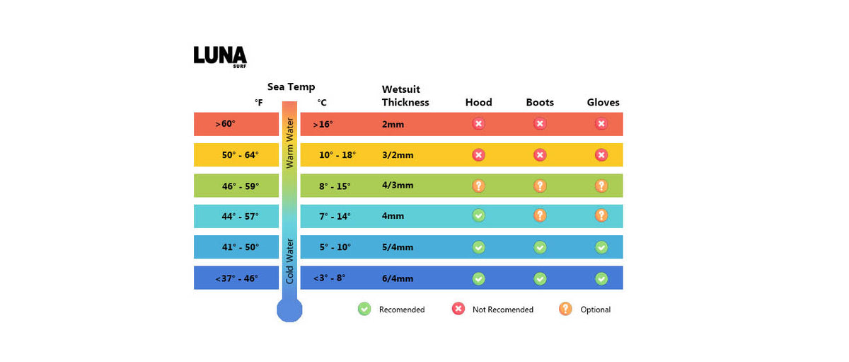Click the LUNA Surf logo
click(220, 56)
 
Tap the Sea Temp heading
click(291, 87)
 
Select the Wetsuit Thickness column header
click(405, 96)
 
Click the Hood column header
click(478, 102)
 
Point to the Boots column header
click(540, 102)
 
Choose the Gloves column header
click(603, 102)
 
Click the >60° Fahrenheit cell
click(226, 124)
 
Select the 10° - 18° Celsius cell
click(337, 154)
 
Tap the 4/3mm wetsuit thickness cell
click(398, 186)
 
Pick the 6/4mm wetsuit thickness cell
click(398, 278)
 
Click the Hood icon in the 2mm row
click(478, 124)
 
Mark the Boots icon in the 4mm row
click(540, 216)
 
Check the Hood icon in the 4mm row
click(478, 216)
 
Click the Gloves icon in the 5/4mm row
click(601, 247)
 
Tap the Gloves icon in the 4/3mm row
click(601, 186)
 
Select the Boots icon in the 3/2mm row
click(540, 154)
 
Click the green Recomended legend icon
click(364, 309)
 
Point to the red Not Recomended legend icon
click(458, 309)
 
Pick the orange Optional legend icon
click(565, 309)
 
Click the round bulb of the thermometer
click(289, 309)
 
